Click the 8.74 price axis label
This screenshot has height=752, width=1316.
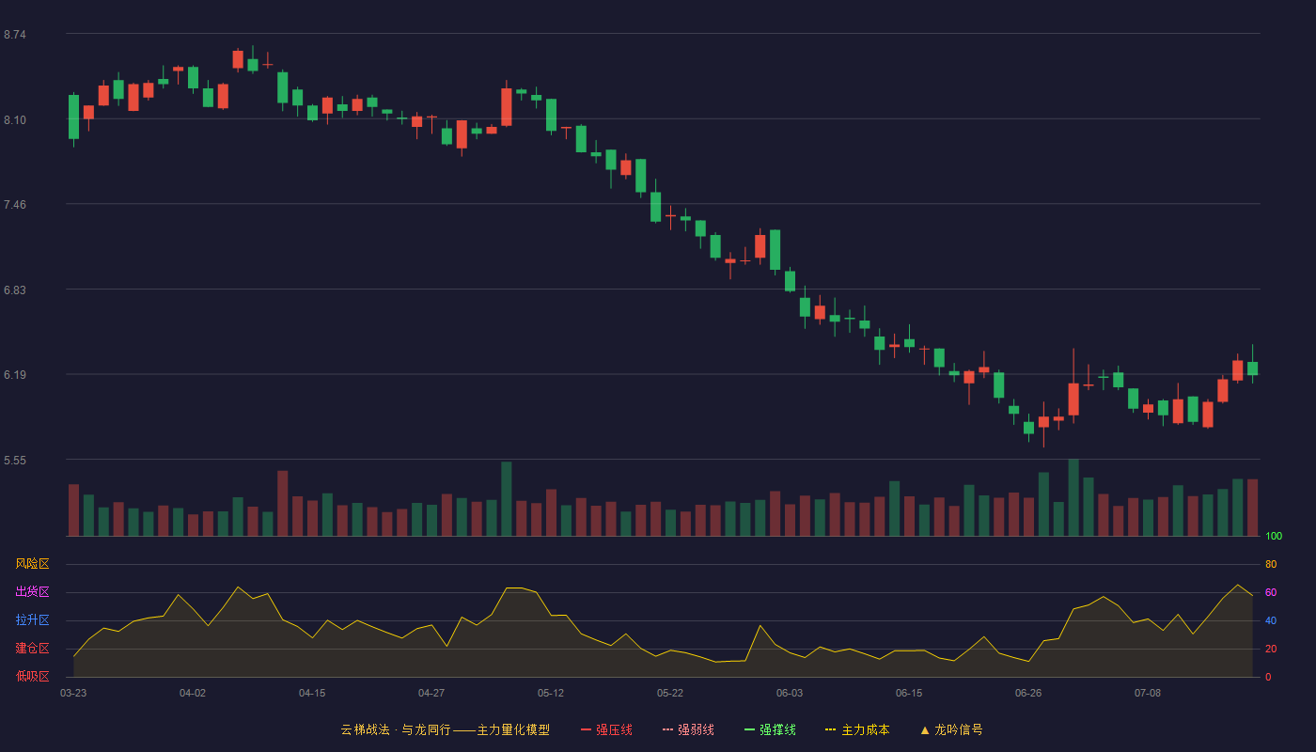click(15, 35)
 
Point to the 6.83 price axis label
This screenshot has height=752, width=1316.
click(15, 290)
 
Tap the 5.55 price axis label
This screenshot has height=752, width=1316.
click(15, 461)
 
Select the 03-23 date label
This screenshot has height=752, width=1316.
click(73, 694)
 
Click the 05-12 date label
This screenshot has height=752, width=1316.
click(551, 694)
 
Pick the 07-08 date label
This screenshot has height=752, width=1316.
click(1148, 694)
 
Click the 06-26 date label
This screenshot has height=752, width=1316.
click(1028, 694)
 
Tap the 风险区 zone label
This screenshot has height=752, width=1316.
click(32, 564)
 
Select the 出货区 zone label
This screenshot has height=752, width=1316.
click(32, 591)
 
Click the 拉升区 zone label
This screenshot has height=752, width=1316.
click(32, 619)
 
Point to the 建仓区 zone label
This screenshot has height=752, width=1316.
click(32, 648)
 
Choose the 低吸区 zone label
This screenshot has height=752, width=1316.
click(32, 676)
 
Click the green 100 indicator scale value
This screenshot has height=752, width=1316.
click(1274, 536)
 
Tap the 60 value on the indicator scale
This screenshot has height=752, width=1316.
click(1271, 592)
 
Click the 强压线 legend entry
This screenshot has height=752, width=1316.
click(606, 729)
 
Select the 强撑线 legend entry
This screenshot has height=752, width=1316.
click(770, 729)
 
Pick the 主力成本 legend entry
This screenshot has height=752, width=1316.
click(857, 729)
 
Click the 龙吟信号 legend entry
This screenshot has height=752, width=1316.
click(951, 729)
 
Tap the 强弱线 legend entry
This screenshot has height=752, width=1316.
click(688, 729)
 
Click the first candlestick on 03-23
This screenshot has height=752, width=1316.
click(73, 117)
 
